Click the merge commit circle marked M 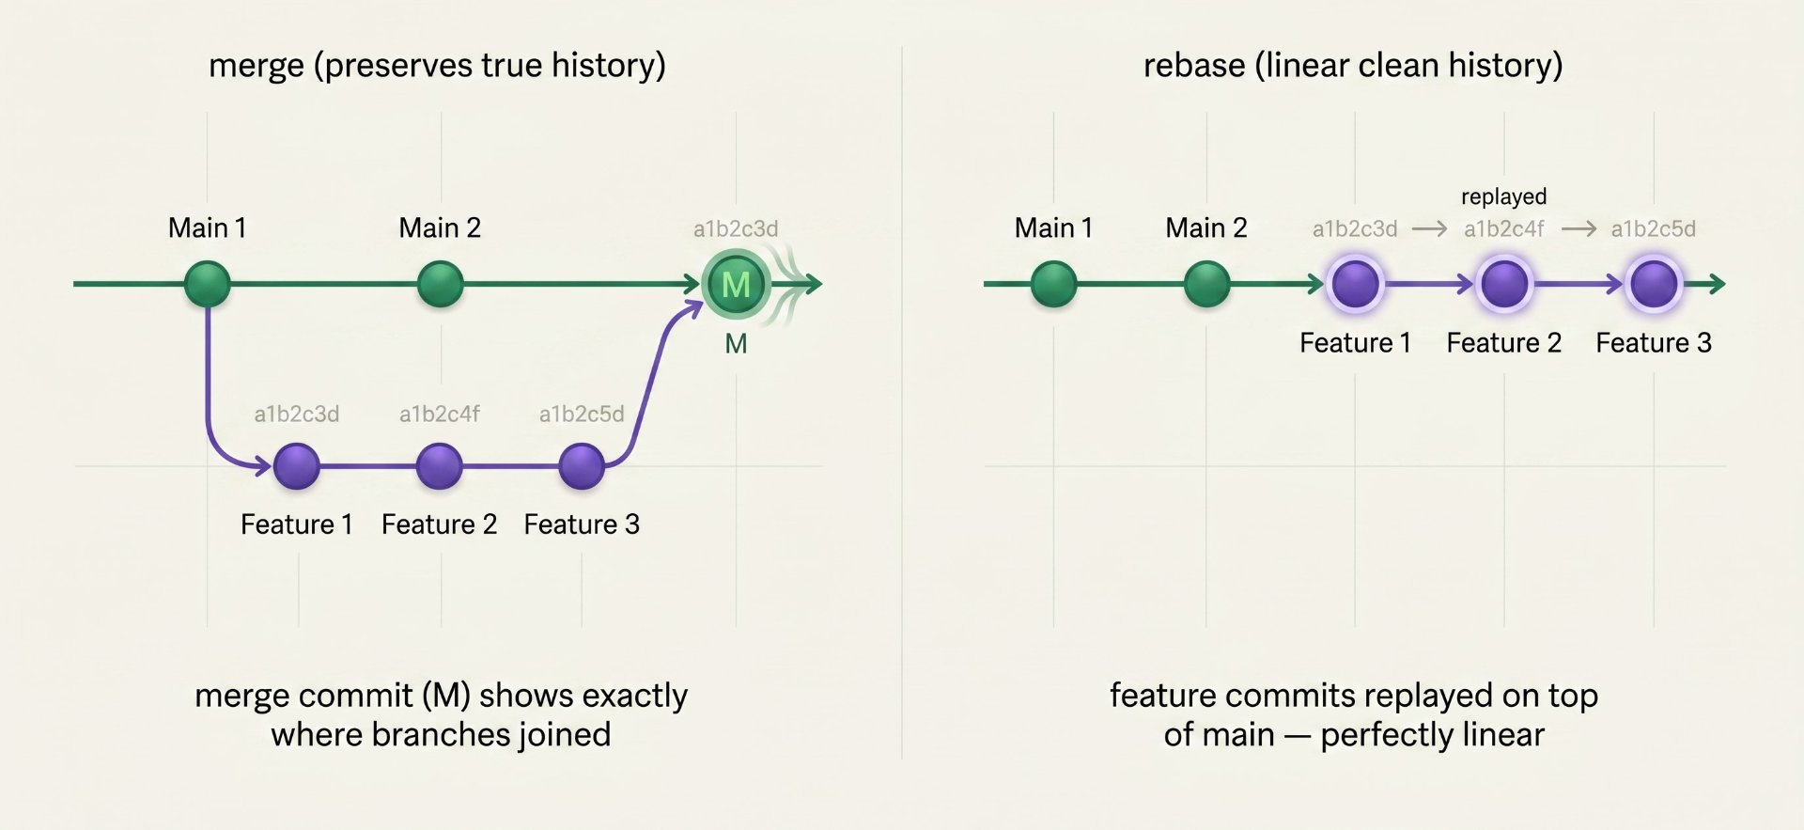click(736, 284)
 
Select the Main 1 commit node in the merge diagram click(208, 284)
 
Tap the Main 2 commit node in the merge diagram click(440, 284)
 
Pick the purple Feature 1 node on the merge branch click(297, 466)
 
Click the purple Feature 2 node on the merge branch click(439, 466)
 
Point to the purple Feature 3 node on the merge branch click(582, 466)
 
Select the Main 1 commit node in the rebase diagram click(1054, 284)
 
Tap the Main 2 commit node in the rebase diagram click(1207, 284)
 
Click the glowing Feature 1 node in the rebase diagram click(1356, 284)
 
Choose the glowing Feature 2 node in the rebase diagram click(1504, 284)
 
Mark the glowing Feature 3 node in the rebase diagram click(1654, 284)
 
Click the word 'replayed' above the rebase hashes click(1503, 197)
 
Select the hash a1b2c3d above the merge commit click(736, 228)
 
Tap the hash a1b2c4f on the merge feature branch click(440, 414)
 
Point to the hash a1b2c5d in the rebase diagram click(1653, 228)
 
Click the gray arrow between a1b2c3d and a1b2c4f click(1429, 228)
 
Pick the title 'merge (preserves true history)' click(437, 65)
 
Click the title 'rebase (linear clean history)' click(1353, 65)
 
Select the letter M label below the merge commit click(736, 344)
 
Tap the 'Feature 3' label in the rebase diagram click(1654, 343)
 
